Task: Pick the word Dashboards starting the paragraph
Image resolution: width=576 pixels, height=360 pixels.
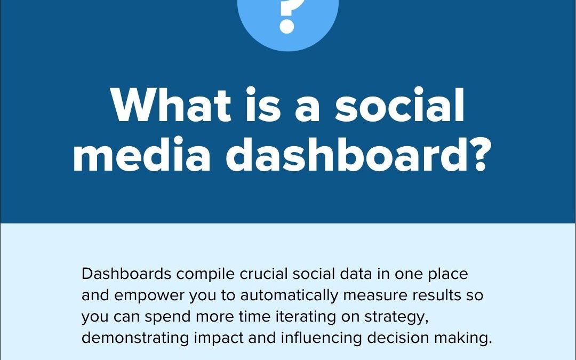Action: click(126, 274)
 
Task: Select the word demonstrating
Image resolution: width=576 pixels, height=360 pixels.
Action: click(135, 339)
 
